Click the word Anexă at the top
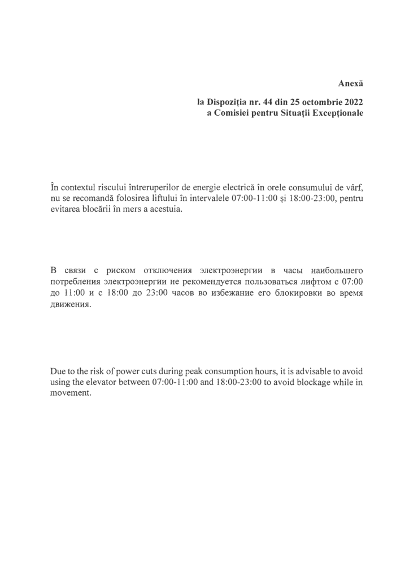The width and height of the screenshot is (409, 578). (350, 83)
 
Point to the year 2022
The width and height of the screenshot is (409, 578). (351, 102)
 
